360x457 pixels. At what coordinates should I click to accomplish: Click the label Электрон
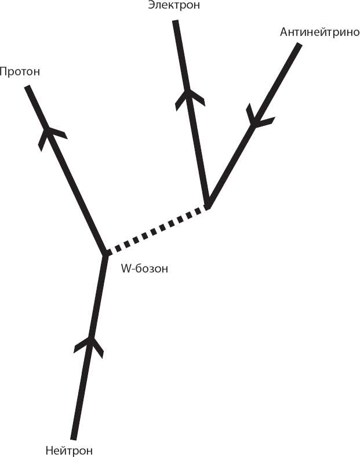[x=174, y=5]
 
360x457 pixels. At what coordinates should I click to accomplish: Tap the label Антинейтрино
[x=320, y=32]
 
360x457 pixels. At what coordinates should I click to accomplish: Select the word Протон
[x=20, y=71]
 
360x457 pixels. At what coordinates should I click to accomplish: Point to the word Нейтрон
[x=69, y=451]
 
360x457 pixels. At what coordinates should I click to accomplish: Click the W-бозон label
[x=144, y=269]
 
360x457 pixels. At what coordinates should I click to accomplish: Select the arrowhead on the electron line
[x=190, y=99]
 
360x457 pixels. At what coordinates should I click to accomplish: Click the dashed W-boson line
[x=157, y=230]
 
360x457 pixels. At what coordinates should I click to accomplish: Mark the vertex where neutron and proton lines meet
[x=105, y=253]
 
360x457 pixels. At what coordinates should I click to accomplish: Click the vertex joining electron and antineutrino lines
[x=208, y=204]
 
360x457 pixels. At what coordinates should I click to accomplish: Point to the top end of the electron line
[x=175, y=21]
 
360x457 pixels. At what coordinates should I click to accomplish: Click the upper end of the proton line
[x=27, y=87]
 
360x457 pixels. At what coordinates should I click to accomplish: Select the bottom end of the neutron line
[x=74, y=438]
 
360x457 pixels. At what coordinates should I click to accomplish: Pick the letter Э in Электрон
[x=151, y=5]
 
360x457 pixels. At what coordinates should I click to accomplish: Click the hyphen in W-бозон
[x=133, y=270]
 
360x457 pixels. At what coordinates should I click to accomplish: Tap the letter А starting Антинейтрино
[x=284, y=32]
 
